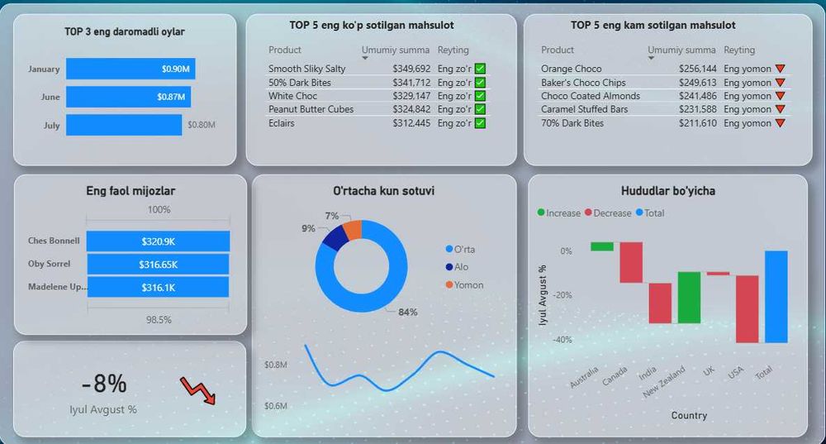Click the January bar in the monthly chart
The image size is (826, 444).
click(x=130, y=69)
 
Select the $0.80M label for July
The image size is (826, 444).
click(x=201, y=125)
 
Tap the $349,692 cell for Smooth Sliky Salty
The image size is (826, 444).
click(x=411, y=69)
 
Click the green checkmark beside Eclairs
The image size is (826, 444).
click(x=480, y=123)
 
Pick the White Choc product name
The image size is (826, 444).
click(x=292, y=96)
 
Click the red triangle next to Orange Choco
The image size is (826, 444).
click(x=780, y=69)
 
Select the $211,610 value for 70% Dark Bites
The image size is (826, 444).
click(x=697, y=123)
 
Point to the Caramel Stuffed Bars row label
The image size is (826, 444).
click(x=584, y=109)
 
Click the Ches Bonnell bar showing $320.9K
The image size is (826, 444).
click(x=158, y=241)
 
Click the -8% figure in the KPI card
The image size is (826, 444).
click(x=104, y=384)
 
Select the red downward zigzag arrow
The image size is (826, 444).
click(x=197, y=390)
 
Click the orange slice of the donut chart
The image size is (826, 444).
click(x=352, y=229)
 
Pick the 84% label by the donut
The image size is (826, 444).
click(x=407, y=312)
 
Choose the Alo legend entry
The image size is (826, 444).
click(x=460, y=267)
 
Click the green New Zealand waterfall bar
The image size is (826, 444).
click(x=689, y=298)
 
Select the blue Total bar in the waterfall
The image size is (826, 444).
click(x=776, y=296)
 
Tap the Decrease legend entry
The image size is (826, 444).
click(x=610, y=212)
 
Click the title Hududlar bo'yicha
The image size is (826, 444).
click(x=667, y=191)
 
